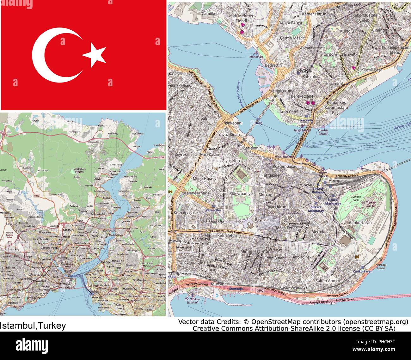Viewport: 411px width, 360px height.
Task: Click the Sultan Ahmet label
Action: pyautogui.click(x=328, y=280)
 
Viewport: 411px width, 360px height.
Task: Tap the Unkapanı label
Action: pyautogui.click(x=234, y=123)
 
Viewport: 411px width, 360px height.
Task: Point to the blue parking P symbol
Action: pyautogui.click(x=217, y=296)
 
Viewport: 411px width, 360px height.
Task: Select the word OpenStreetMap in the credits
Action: pyautogui.click(x=278, y=322)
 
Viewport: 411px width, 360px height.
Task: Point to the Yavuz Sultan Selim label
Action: pyautogui.click(x=179, y=88)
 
